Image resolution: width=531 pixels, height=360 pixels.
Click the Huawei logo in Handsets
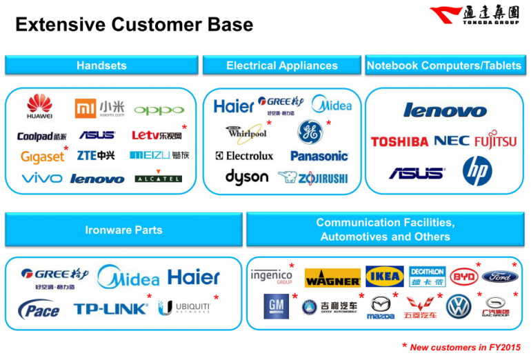pyautogui.click(x=39, y=108)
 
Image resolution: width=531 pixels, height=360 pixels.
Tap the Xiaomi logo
pyautogui.click(x=100, y=108)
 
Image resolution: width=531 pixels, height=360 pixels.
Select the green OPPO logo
pyautogui.click(x=159, y=110)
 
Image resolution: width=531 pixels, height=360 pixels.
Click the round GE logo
pyautogui.click(x=310, y=131)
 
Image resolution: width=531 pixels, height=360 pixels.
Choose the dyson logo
pyautogui.click(x=246, y=177)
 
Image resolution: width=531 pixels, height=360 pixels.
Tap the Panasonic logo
pyautogui.click(x=319, y=156)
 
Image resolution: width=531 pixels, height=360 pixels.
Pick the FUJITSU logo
pyautogui.click(x=495, y=141)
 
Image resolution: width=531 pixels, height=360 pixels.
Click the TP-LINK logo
pyautogui.click(x=110, y=308)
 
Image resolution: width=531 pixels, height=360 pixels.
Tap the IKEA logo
pyautogui.click(x=385, y=277)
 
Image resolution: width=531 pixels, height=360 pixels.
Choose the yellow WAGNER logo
pyautogui.click(x=332, y=278)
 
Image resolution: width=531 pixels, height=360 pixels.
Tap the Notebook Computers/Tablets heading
pyautogui.click(x=444, y=66)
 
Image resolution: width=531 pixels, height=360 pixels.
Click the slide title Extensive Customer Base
pyautogui.click(x=134, y=26)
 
